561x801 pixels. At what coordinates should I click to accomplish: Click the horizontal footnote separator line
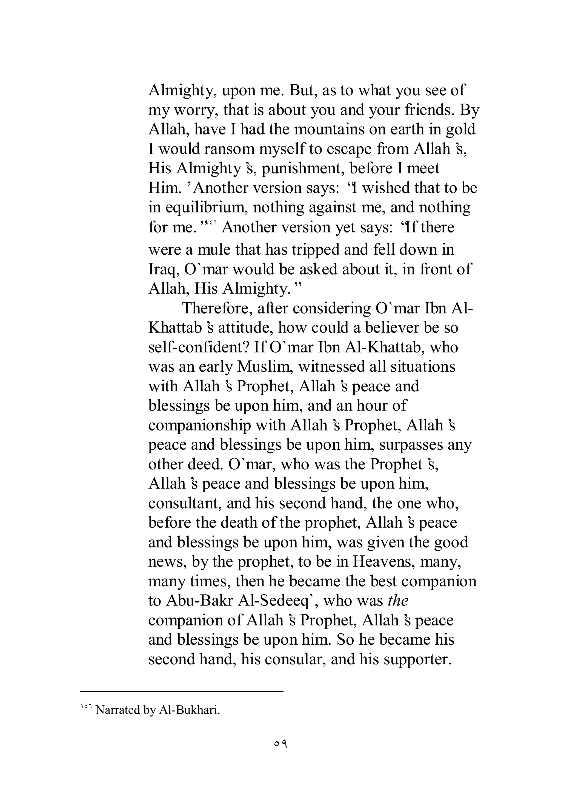coord(181,691)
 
